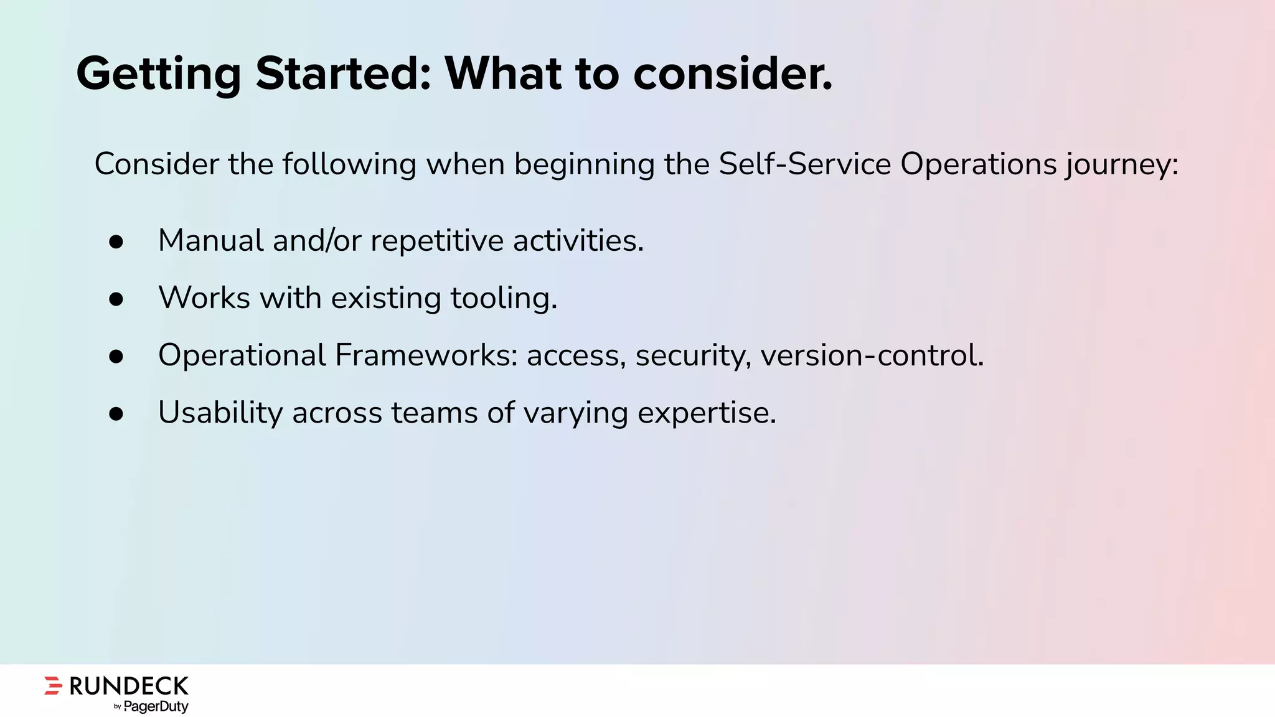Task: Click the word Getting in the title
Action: click(x=158, y=74)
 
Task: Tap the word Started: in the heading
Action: click(x=343, y=74)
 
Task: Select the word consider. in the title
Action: click(x=733, y=74)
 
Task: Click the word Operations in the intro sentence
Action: click(x=978, y=164)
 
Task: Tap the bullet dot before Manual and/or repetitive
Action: click(x=116, y=242)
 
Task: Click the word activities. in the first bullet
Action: click(x=578, y=241)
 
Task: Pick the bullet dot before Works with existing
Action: click(x=116, y=299)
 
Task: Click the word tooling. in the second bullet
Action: click(x=504, y=298)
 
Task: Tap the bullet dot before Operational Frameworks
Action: click(x=116, y=357)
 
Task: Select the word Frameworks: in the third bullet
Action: click(x=426, y=355)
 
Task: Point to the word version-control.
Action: click(x=872, y=355)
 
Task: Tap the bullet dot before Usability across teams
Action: click(x=116, y=414)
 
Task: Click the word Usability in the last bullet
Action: click(x=220, y=413)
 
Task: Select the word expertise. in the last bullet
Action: click(x=707, y=413)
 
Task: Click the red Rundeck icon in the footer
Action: click(x=54, y=685)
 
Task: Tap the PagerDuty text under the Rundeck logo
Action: click(x=156, y=706)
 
